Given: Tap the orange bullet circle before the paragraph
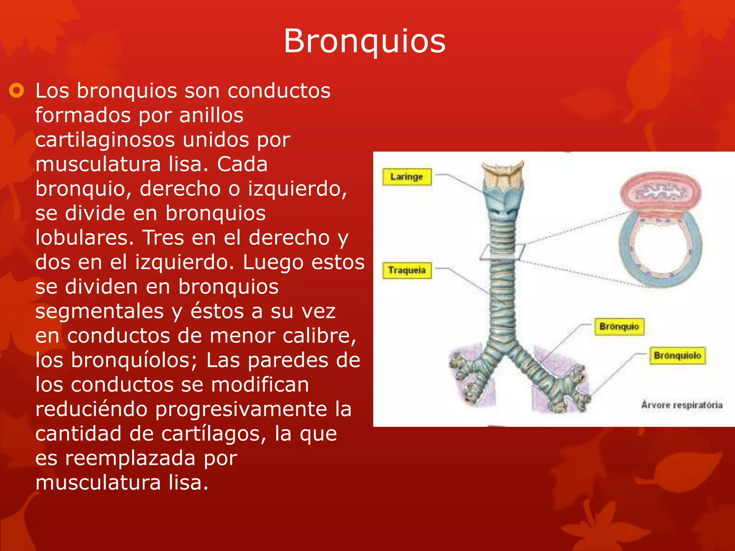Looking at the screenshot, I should (17, 90).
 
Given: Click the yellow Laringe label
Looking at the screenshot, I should (407, 177).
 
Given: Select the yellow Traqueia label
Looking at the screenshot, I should (407, 270).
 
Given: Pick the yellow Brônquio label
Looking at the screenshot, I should (619, 326).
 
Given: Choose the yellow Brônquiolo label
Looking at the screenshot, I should (677, 355).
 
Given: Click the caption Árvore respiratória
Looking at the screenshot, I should (682, 405).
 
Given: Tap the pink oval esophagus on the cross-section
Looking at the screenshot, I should (660, 192).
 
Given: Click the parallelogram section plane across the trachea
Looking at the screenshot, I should (502, 252).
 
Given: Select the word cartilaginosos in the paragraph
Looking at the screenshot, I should (106, 140).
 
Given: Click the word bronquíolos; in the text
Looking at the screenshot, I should (134, 360).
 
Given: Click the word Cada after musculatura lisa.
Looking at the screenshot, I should (242, 164).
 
